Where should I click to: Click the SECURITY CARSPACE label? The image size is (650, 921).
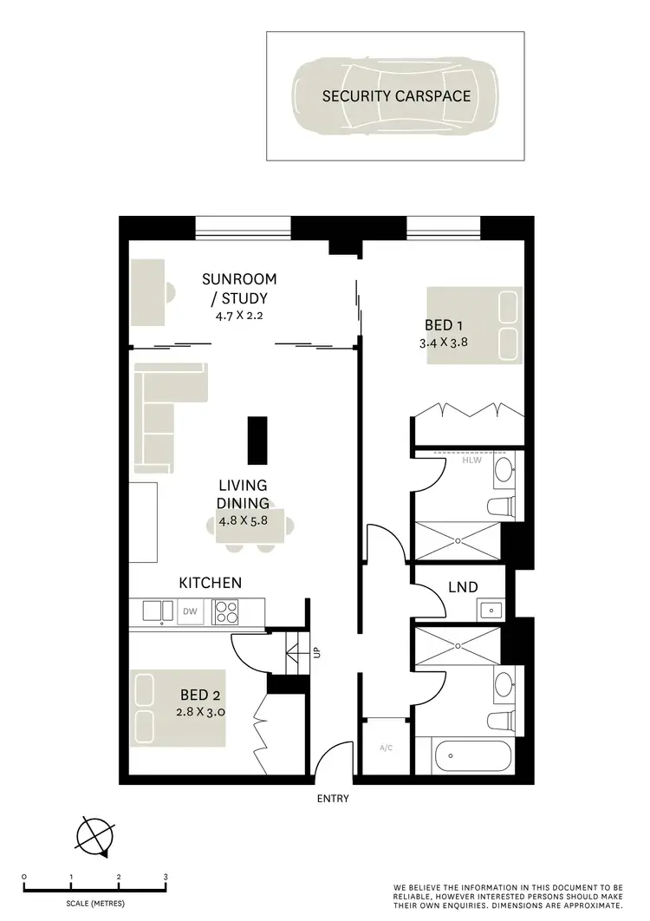[396, 96]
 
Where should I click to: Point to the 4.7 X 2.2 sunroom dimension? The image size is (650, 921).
[239, 317]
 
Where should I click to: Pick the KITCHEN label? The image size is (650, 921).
[210, 583]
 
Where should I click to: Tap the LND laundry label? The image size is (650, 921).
[464, 587]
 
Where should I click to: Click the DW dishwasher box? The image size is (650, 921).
[189, 612]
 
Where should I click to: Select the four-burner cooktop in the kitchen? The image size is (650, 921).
[226, 612]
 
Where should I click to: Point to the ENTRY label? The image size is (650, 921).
[331, 799]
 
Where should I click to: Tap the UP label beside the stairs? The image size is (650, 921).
[318, 650]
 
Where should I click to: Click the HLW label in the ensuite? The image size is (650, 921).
[471, 460]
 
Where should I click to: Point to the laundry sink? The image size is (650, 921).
[491, 611]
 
